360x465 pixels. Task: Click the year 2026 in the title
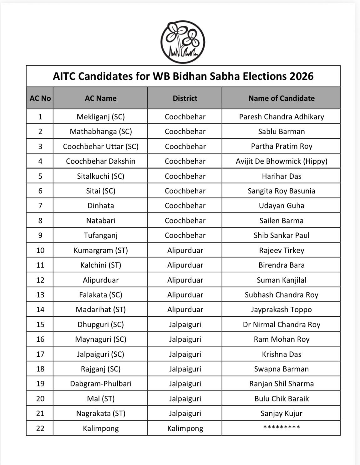point(302,76)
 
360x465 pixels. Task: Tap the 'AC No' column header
point(40,98)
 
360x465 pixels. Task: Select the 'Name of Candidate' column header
point(281,98)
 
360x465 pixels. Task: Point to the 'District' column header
point(185,98)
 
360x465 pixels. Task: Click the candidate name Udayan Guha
point(281,206)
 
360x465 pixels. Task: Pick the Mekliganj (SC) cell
point(100,117)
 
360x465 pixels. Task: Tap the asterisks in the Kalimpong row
point(281,427)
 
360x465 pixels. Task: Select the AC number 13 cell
point(40,295)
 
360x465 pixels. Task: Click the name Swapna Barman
point(281,369)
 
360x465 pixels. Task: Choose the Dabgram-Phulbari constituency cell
point(100,384)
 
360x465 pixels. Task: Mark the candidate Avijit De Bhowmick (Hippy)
point(281,161)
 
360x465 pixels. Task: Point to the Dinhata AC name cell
point(100,206)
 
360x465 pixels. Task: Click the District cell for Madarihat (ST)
point(185,309)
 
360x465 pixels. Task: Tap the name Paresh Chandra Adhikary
point(281,117)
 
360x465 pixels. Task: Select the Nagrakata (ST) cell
point(100,413)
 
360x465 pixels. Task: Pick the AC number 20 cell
point(40,399)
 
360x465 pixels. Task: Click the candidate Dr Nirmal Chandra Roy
point(281,324)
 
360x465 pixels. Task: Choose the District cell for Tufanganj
point(185,235)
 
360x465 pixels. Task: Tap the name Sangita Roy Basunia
point(281,191)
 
